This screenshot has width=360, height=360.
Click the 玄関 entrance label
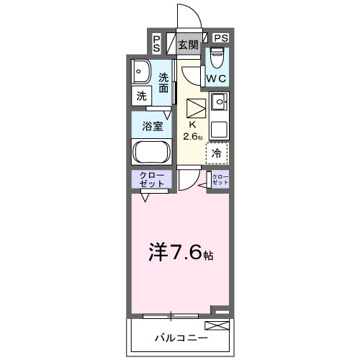pyautogui.click(x=188, y=45)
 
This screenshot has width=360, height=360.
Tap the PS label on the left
pyautogui.click(x=157, y=43)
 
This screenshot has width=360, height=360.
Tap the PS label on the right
pyautogui.click(x=221, y=38)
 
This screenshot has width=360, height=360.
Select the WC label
pyautogui.click(x=217, y=77)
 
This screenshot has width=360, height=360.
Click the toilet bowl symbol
pyautogui.click(x=217, y=57)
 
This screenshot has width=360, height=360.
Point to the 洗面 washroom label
pyautogui.click(x=166, y=83)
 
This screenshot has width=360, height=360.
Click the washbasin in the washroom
pyautogui.click(x=141, y=72)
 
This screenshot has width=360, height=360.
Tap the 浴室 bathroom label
pyautogui.click(x=150, y=125)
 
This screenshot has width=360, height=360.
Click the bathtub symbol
pyautogui.click(x=150, y=152)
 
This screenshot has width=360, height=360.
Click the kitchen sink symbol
pyautogui.click(x=219, y=100)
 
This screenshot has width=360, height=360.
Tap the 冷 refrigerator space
pyautogui.click(x=217, y=153)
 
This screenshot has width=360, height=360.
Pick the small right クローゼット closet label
pyautogui.click(x=220, y=180)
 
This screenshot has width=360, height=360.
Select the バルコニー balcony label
pyautogui.click(x=180, y=337)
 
